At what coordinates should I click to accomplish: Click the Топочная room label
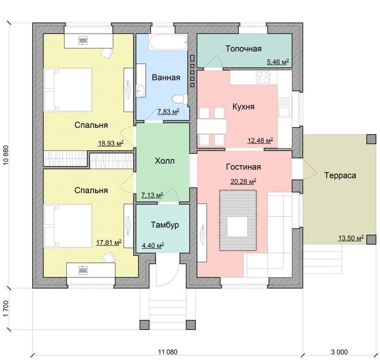click(x=244, y=49)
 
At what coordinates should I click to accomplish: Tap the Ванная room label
click(x=166, y=77)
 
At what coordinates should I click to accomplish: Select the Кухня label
click(x=244, y=106)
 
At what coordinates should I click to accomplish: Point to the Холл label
click(x=164, y=161)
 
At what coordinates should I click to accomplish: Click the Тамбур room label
click(x=165, y=225)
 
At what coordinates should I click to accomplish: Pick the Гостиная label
click(x=244, y=167)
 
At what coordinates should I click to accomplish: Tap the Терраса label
click(x=340, y=175)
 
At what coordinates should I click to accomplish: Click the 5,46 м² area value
click(x=278, y=61)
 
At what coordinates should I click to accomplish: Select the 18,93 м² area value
click(x=111, y=143)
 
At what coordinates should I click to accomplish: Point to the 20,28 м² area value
click(x=244, y=181)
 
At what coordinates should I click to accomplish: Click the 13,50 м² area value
click(x=351, y=238)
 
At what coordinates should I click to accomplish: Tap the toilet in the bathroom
click(x=180, y=99)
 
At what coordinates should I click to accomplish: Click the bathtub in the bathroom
click(x=169, y=42)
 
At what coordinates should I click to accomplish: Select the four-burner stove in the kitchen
click(x=263, y=77)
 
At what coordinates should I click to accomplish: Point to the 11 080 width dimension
click(x=168, y=352)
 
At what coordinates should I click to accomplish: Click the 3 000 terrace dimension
click(x=339, y=352)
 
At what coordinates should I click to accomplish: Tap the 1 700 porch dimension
click(x=6, y=308)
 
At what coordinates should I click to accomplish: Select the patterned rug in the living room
click(x=238, y=221)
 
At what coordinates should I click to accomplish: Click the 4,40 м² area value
click(x=153, y=245)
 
